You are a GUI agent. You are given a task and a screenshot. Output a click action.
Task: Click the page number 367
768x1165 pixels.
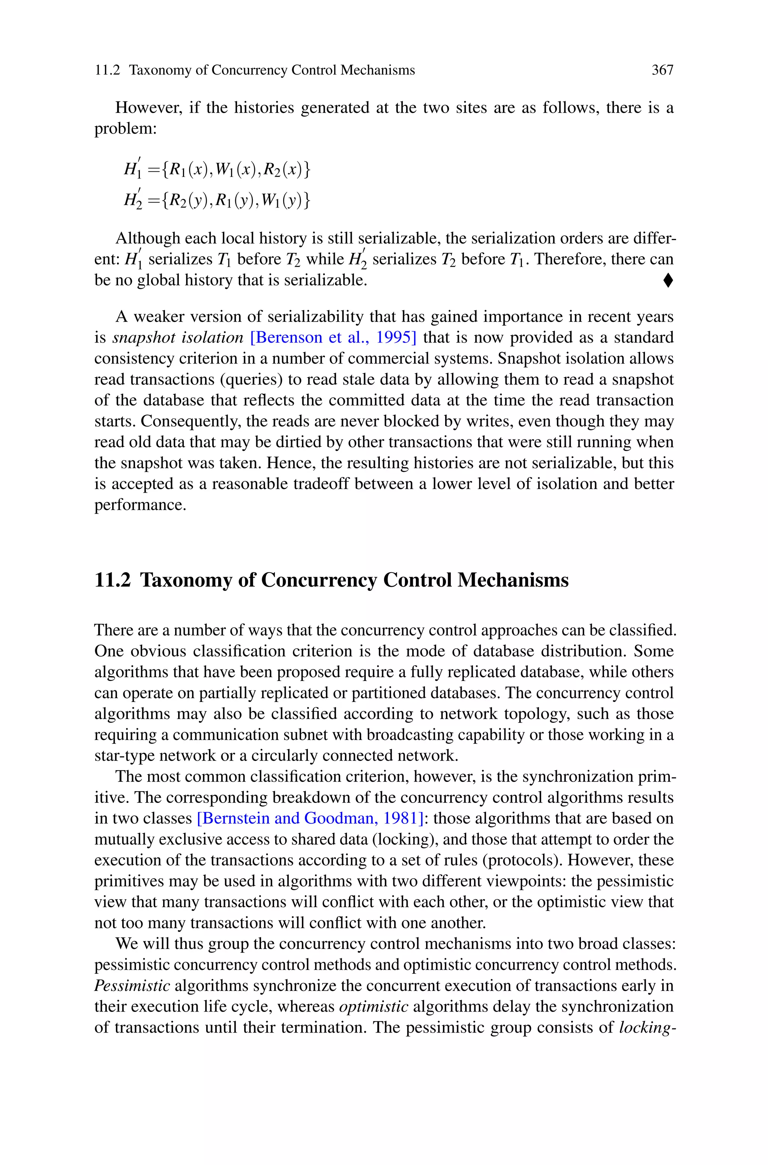click(x=662, y=71)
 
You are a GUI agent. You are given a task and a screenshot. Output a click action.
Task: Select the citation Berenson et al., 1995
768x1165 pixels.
click(x=333, y=338)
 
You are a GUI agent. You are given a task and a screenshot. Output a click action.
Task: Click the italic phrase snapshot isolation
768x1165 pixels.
click(x=178, y=338)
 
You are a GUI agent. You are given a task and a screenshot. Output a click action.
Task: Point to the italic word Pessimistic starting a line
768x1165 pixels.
click(x=132, y=986)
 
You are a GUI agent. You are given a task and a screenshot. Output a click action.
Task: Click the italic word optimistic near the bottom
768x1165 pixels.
click(x=374, y=1007)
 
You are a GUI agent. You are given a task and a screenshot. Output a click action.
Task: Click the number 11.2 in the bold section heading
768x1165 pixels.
click(x=112, y=580)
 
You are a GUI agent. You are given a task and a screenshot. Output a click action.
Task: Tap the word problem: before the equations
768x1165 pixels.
click(x=125, y=129)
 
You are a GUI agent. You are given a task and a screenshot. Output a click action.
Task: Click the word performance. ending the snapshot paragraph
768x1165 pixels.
click(x=140, y=505)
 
